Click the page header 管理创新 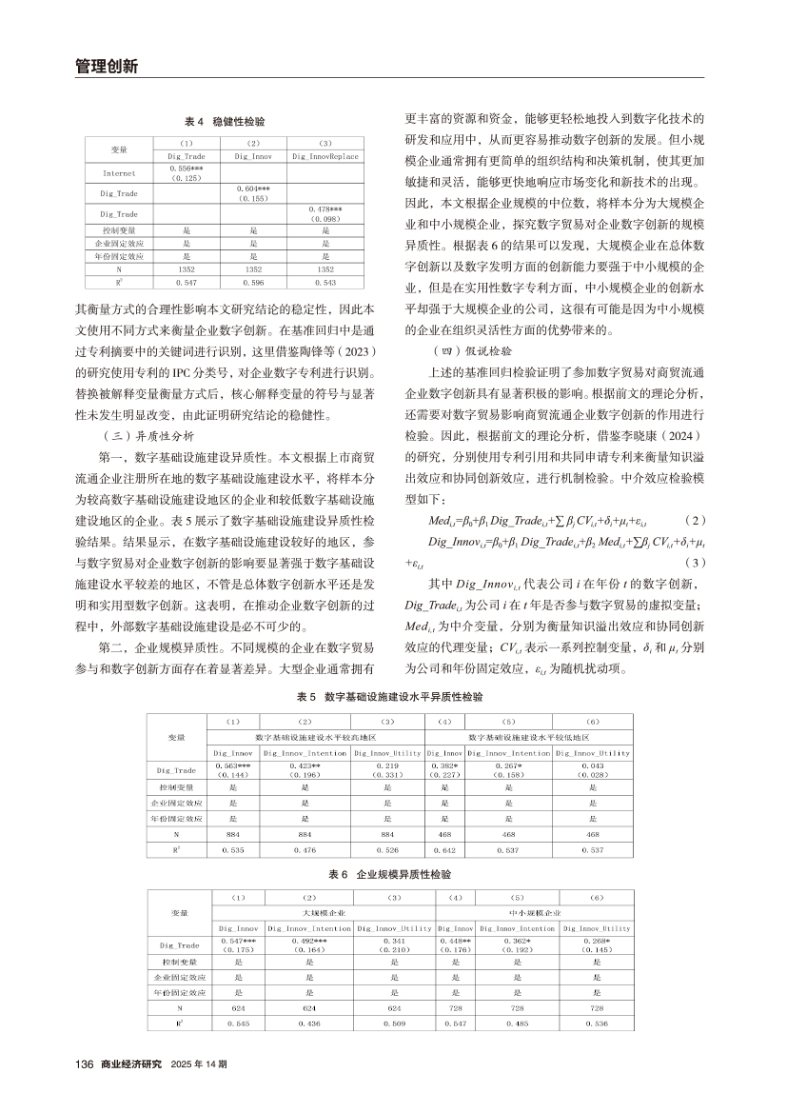coord(107,67)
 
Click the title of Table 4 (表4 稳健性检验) coord(225,123)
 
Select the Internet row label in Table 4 coord(119,173)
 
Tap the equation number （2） coord(697,523)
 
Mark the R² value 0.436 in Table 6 coord(309,1024)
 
